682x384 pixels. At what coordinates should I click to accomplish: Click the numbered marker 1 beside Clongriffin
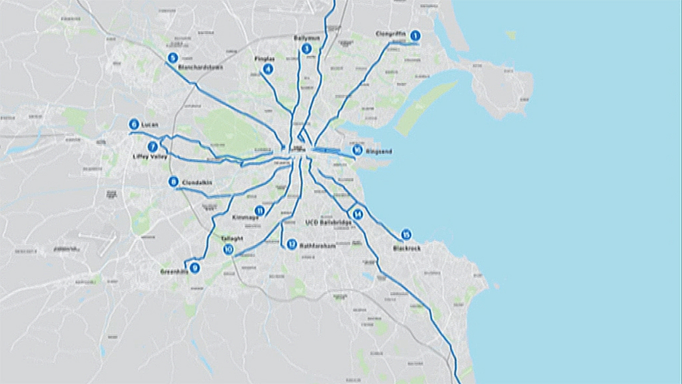click(x=415, y=35)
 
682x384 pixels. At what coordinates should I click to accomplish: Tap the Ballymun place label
click(x=307, y=38)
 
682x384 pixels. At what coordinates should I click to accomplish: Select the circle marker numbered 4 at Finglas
click(x=268, y=69)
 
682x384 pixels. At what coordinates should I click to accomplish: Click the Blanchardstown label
click(x=200, y=67)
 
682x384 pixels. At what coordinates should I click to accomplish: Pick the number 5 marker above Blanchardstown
click(x=172, y=58)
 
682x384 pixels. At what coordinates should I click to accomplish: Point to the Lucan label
click(x=150, y=125)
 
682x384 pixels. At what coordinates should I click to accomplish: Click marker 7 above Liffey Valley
click(x=153, y=147)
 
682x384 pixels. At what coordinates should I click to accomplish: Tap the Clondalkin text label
click(x=197, y=183)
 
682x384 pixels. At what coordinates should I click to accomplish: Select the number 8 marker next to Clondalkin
click(x=173, y=182)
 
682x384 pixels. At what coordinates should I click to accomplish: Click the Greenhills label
click(x=174, y=272)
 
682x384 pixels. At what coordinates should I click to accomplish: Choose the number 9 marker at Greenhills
click(x=195, y=268)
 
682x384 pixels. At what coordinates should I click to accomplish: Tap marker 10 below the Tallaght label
click(x=228, y=249)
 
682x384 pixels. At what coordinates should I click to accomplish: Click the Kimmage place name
click(x=245, y=218)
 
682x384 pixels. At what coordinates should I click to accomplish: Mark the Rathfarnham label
click(x=317, y=246)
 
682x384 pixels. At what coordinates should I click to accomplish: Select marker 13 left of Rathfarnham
click(x=291, y=245)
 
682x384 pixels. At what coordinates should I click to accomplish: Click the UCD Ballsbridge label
click(x=328, y=222)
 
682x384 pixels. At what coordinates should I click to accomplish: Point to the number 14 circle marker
click(x=357, y=214)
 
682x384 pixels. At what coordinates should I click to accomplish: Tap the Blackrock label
click(x=406, y=248)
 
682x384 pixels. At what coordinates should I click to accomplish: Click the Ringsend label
click(x=378, y=152)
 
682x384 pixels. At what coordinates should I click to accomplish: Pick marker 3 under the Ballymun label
click(x=306, y=49)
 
